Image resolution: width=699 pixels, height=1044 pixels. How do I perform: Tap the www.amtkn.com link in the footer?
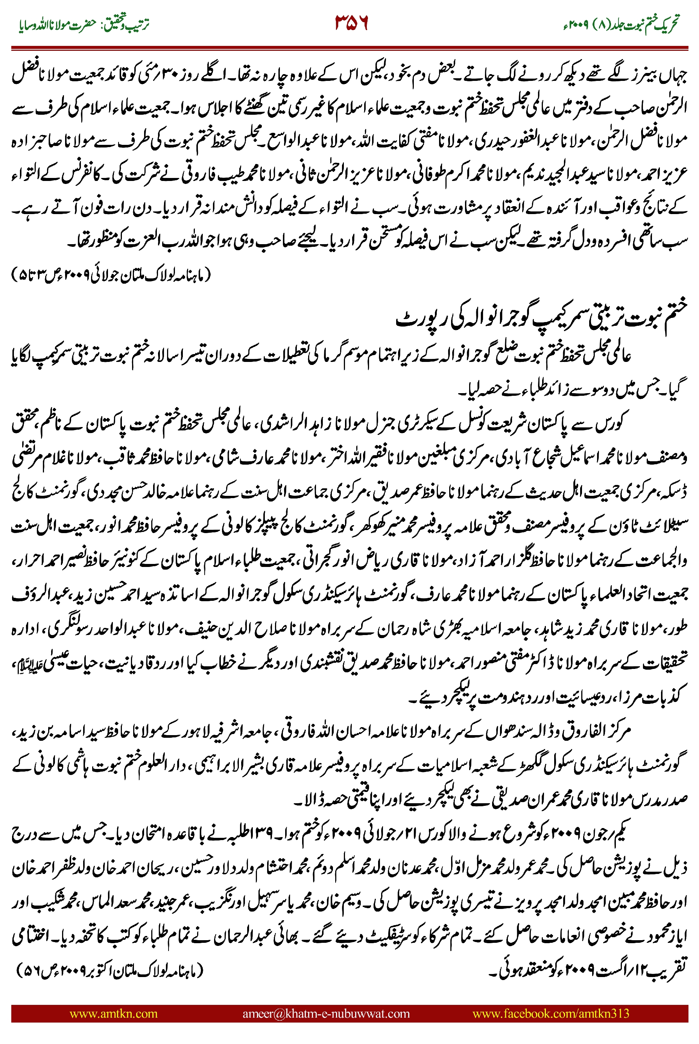[x=114, y=1013]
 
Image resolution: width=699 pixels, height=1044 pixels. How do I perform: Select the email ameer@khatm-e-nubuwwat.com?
[x=326, y=1013]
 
